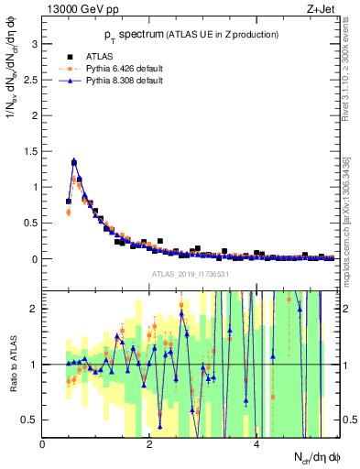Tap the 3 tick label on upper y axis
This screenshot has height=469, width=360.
[35, 44]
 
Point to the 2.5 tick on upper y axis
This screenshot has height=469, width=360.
[31, 80]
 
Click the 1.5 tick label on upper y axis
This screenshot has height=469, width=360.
[31, 151]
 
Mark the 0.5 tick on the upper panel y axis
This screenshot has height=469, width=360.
[31, 223]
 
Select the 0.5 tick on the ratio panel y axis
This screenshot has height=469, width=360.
[31, 420]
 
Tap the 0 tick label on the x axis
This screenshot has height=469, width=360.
[43, 444]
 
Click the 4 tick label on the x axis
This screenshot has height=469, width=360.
[256, 444]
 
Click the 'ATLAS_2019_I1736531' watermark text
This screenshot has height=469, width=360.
[190, 274]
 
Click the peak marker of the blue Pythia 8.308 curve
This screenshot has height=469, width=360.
[74, 161]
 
